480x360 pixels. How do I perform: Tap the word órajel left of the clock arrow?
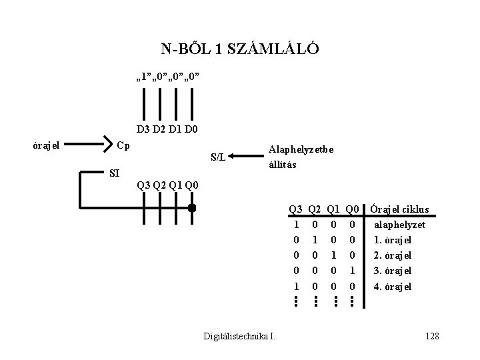click(47, 144)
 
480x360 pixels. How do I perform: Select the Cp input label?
click(123, 144)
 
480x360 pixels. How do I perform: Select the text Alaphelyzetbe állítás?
click(300, 157)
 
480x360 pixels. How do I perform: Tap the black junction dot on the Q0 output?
click(191, 208)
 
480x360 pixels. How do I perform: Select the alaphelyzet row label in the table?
click(399, 225)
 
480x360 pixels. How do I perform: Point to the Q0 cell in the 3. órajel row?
click(353, 271)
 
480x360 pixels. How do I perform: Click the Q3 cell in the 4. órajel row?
click(295, 287)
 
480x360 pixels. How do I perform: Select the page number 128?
click(431, 335)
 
